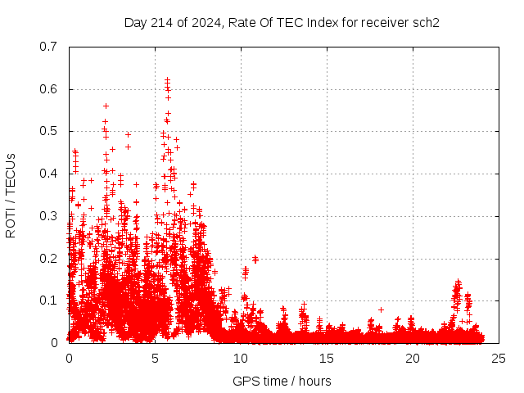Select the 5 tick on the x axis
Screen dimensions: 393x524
click(x=155, y=359)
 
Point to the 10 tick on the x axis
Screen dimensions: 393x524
click(x=241, y=359)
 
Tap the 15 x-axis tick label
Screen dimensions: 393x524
click(x=327, y=359)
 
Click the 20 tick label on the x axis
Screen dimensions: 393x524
click(x=413, y=359)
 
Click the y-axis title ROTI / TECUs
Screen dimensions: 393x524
click(x=11, y=195)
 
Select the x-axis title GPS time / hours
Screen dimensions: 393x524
click(x=282, y=381)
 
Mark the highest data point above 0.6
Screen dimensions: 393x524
click(x=167, y=79)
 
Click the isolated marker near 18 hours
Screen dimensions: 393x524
click(x=381, y=309)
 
